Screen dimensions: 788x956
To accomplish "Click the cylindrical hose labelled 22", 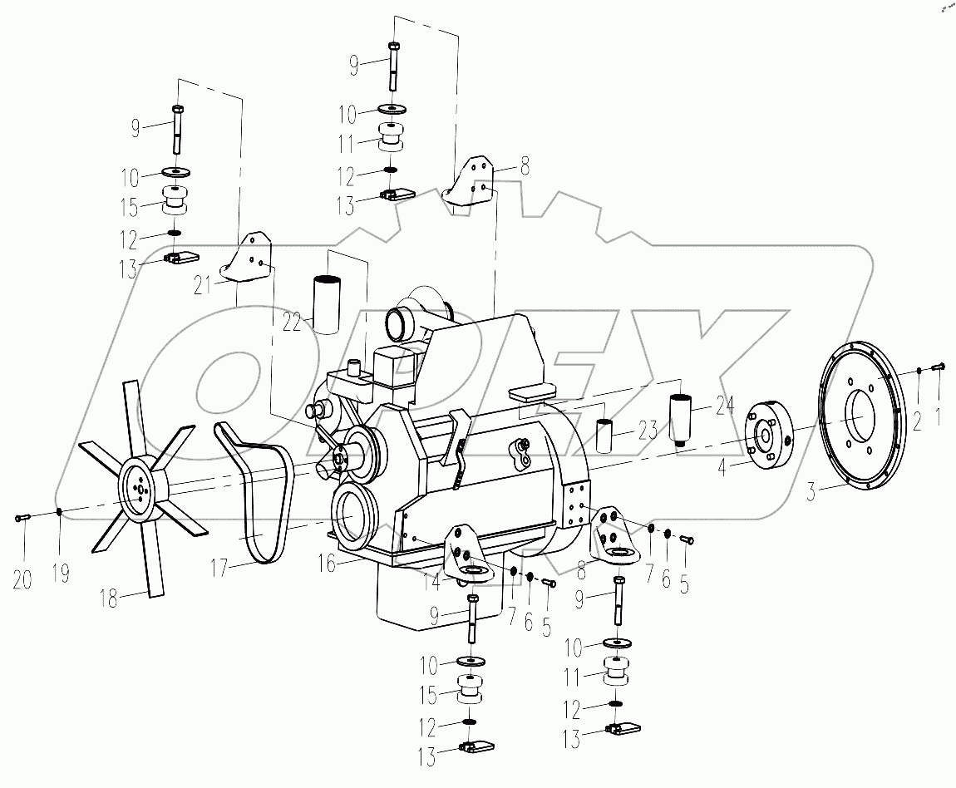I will tap(326, 303).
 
